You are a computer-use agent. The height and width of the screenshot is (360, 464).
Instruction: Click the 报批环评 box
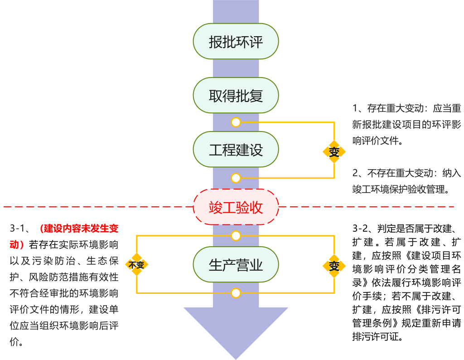[x=236, y=41]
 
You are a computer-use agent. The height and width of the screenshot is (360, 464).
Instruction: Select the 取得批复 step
[x=236, y=95]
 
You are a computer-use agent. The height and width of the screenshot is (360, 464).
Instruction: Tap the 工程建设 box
[x=236, y=150]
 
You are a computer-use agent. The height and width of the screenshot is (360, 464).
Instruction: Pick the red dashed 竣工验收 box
[x=236, y=207]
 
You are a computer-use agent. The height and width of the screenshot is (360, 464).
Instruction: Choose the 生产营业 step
[x=236, y=265]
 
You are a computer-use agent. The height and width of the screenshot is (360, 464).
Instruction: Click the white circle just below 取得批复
[x=236, y=122]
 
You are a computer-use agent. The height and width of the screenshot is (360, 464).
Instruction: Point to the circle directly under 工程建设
[x=236, y=177]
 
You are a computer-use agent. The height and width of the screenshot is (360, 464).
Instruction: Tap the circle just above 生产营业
[x=236, y=236]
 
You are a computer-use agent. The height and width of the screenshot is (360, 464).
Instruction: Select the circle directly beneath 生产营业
[x=236, y=293]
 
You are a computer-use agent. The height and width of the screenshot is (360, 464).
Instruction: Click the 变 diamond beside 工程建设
[x=334, y=151]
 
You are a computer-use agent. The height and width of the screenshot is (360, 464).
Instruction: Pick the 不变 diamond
[x=136, y=265]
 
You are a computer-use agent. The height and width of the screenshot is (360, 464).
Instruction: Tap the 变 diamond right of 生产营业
[x=334, y=266]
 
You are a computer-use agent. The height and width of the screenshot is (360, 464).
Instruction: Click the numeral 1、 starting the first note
[x=358, y=108]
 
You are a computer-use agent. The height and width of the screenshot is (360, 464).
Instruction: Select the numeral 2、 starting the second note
[x=358, y=173]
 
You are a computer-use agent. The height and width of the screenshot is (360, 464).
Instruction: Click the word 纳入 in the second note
[x=451, y=173]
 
